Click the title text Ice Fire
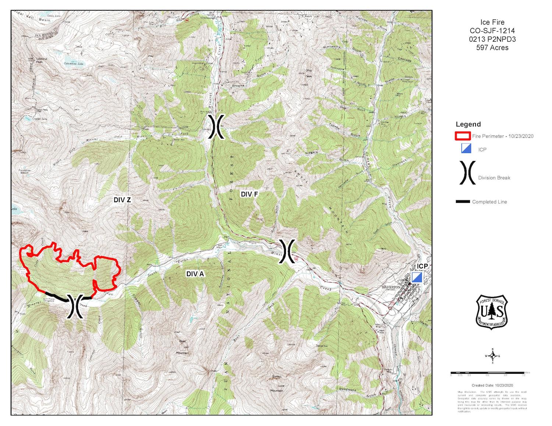click(x=492, y=22)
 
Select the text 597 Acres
click(x=492, y=48)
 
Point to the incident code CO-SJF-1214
click(x=492, y=31)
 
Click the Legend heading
click(x=468, y=124)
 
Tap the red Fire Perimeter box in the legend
click(x=463, y=136)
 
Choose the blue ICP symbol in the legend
click(x=466, y=148)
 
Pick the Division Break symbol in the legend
click(x=467, y=172)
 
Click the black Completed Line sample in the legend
click(x=463, y=201)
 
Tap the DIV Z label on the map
click(x=122, y=200)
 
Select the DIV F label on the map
click(x=249, y=194)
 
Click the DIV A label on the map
click(x=195, y=274)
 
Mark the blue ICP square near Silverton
click(x=417, y=277)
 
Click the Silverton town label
click(x=391, y=287)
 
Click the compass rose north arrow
click(x=493, y=356)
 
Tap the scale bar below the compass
click(x=488, y=373)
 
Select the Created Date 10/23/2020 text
click(x=492, y=385)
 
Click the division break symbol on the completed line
click(x=75, y=305)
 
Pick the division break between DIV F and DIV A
click(x=287, y=251)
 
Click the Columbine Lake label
click(x=74, y=64)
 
